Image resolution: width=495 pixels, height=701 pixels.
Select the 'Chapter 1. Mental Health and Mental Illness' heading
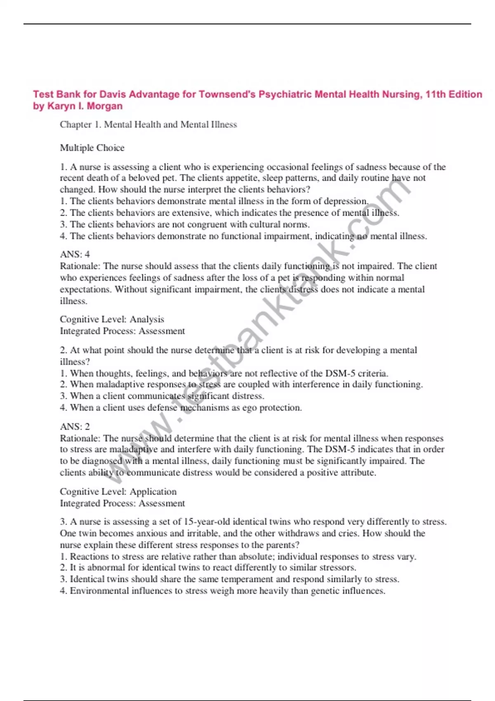pyautogui.click(x=148, y=125)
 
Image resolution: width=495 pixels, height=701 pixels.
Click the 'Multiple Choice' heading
pyautogui.click(x=92, y=148)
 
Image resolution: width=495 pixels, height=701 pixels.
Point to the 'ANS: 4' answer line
pyautogui.click(x=75, y=254)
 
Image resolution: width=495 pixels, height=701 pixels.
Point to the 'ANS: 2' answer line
pyautogui.click(x=75, y=426)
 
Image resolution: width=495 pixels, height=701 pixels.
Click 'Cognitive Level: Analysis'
pyautogui.click(x=112, y=319)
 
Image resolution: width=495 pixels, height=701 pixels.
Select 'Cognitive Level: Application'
pyautogui.click(x=118, y=492)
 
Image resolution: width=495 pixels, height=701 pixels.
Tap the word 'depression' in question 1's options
pyautogui.click(x=346, y=201)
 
